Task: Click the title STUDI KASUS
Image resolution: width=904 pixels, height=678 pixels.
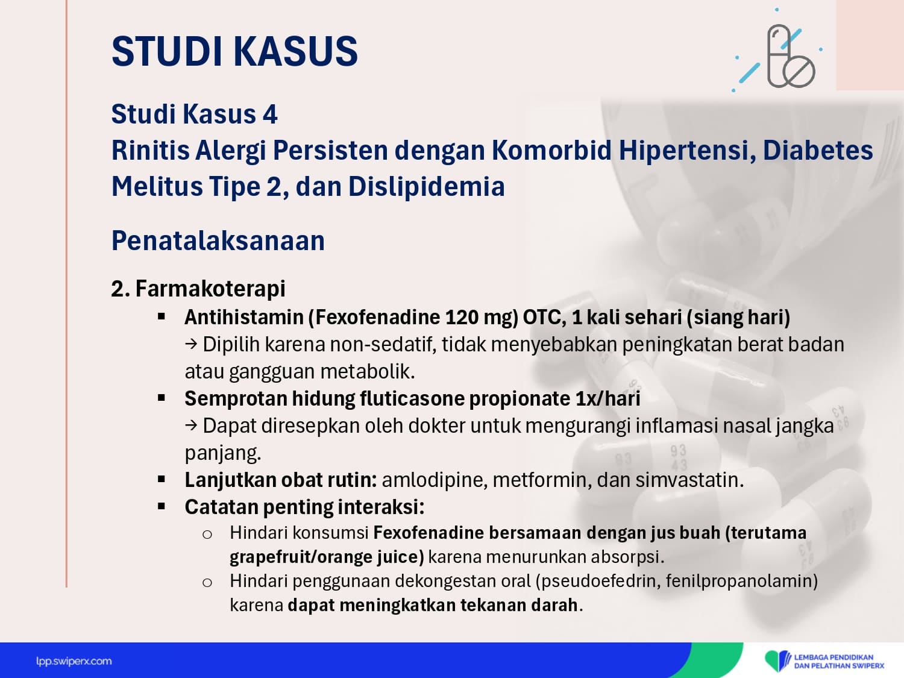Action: (234, 51)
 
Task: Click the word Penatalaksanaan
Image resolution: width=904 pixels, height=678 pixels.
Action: (218, 240)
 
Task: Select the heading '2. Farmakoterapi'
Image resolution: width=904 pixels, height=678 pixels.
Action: (198, 288)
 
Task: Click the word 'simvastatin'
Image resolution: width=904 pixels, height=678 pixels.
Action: (689, 480)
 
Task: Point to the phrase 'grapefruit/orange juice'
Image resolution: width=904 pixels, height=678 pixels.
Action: (327, 557)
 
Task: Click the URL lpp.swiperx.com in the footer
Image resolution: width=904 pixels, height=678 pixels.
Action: (74, 661)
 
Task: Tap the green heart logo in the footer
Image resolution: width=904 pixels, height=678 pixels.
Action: (777, 660)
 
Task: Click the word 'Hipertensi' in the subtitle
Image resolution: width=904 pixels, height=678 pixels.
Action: (687, 150)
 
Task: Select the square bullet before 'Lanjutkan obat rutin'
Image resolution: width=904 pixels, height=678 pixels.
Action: (162, 479)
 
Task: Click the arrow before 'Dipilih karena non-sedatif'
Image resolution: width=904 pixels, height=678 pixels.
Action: (190, 344)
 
